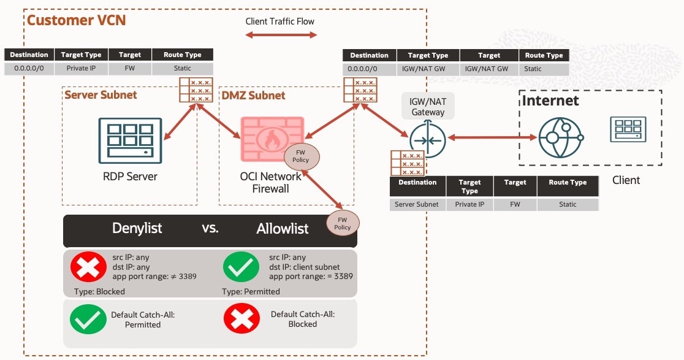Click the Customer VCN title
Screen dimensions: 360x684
[x=76, y=20]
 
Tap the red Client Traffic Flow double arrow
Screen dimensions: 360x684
[x=281, y=35]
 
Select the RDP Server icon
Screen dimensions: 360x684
[x=130, y=140]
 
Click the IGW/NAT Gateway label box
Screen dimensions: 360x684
[x=428, y=107]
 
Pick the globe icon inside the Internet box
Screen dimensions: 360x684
[x=558, y=137]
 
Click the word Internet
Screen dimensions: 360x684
[x=550, y=100]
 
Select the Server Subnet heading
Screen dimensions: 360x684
[x=101, y=95]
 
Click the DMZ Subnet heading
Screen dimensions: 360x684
[x=253, y=95]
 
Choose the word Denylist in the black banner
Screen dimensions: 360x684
[x=137, y=229]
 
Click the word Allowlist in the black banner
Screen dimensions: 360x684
[x=283, y=229]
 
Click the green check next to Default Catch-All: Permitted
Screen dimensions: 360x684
[x=88, y=319]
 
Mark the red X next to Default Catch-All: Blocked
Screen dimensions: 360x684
[x=241, y=319]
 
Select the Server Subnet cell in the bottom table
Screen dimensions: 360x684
[x=417, y=204]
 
